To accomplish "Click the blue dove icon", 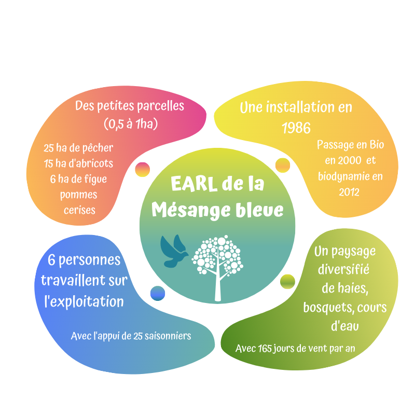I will click(x=174, y=251).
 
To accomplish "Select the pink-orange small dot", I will click(x=142, y=169).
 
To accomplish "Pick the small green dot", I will click(x=287, y=282).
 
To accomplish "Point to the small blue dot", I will click(x=158, y=293).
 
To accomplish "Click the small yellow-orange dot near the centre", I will click(x=283, y=165).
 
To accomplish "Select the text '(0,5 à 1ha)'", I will click(x=130, y=124).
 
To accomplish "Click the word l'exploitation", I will click(x=84, y=301).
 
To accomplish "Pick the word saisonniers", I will click(x=168, y=336).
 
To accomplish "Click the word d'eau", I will click(x=345, y=326).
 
